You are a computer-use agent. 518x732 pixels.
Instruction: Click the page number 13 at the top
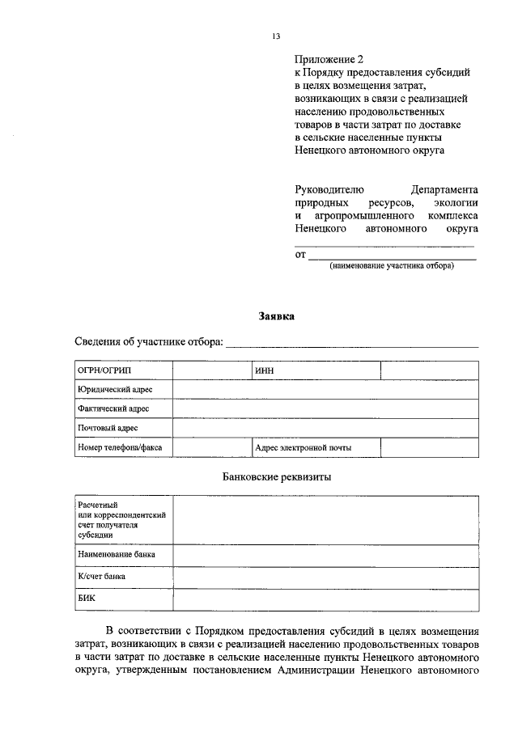coord(276,36)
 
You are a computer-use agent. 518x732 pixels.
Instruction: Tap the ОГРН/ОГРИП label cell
coord(121,370)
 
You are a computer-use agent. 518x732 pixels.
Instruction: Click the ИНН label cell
coord(315,370)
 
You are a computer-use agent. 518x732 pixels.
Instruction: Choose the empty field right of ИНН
coord(429,370)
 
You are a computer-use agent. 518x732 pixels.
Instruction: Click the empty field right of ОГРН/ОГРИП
coord(210,370)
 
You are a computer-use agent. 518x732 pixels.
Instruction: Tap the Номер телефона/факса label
coord(121,447)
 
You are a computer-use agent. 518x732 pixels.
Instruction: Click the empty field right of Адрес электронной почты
coord(429,447)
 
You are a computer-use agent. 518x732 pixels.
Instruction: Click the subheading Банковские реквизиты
coord(276,477)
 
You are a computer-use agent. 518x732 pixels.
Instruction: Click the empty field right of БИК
coord(325,599)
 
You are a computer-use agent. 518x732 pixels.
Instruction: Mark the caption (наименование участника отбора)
coord(391,266)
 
